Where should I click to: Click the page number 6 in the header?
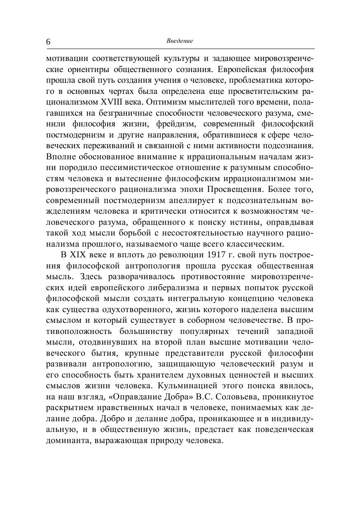tap(49, 42)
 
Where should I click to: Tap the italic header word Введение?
tap(180, 41)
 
